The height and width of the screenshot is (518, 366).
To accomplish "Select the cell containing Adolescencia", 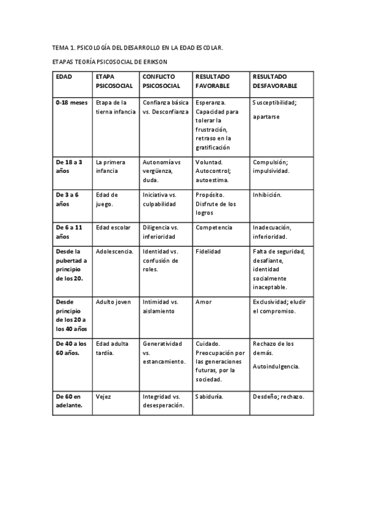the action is coord(114,252).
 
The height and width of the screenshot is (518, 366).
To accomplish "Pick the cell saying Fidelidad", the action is coord(208,252).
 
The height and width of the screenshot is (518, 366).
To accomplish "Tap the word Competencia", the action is coord(213,228).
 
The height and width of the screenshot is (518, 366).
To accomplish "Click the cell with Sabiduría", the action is coord(209,396).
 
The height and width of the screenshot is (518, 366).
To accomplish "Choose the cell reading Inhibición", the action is coord(267,195).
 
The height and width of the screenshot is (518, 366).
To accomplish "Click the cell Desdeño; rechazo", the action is coord(278,396).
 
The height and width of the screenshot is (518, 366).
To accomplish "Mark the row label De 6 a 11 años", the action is coord(69,232).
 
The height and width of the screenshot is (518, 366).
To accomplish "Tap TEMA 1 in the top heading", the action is coord(64,47).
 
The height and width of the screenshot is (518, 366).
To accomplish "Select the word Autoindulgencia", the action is coord(276,366).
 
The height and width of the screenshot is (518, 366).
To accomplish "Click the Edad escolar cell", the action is coord(113,228).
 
